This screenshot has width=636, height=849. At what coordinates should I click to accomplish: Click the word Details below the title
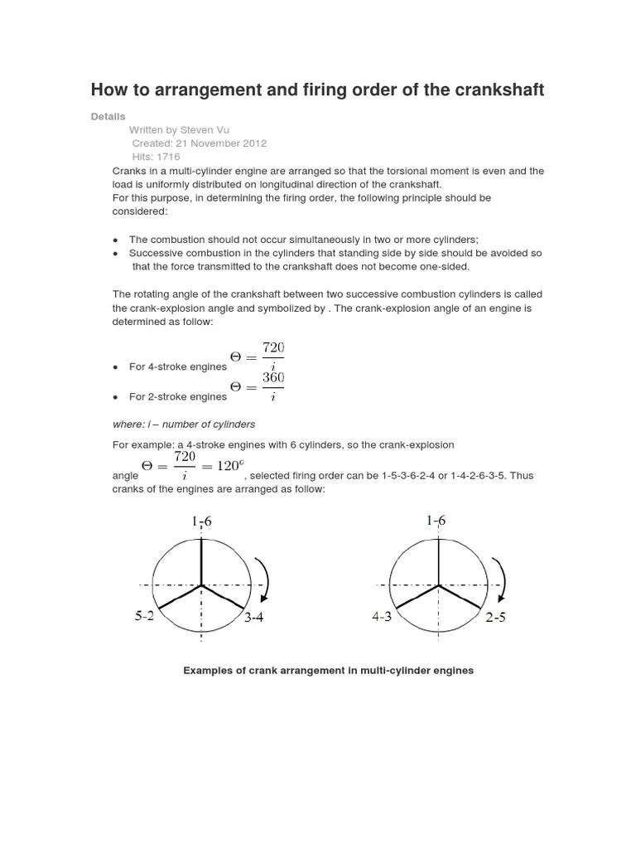(108, 117)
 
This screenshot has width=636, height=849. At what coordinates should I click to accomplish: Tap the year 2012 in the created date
(253, 143)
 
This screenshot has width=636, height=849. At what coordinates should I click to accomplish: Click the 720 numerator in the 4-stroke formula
(273, 347)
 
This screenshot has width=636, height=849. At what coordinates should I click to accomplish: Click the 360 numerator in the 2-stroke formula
(273, 378)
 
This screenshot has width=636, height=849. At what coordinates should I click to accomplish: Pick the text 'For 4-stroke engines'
(177, 366)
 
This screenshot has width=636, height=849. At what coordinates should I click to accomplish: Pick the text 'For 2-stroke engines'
(177, 396)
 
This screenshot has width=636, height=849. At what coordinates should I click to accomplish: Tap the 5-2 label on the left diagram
(146, 617)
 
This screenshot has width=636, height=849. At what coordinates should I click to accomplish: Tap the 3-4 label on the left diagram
(253, 618)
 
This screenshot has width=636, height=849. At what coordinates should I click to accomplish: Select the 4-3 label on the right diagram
(382, 617)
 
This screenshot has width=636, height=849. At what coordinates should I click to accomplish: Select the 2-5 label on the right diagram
(495, 618)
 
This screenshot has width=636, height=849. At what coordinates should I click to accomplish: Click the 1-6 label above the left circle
(202, 522)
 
